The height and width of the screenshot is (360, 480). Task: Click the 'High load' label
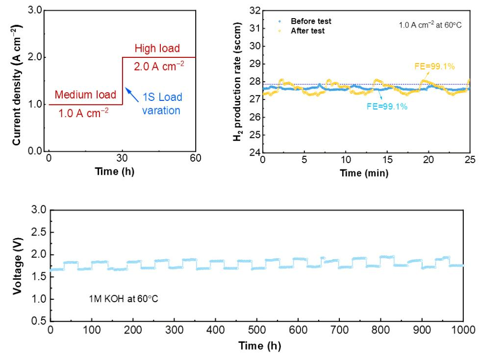click(158, 48)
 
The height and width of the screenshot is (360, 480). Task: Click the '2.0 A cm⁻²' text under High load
click(159, 66)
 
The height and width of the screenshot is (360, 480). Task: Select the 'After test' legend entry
click(307, 30)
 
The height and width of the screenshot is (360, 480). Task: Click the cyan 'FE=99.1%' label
click(387, 106)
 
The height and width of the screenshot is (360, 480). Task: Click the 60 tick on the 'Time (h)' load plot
click(196, 158)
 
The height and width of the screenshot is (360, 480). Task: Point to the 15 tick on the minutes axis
click(387, 159)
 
